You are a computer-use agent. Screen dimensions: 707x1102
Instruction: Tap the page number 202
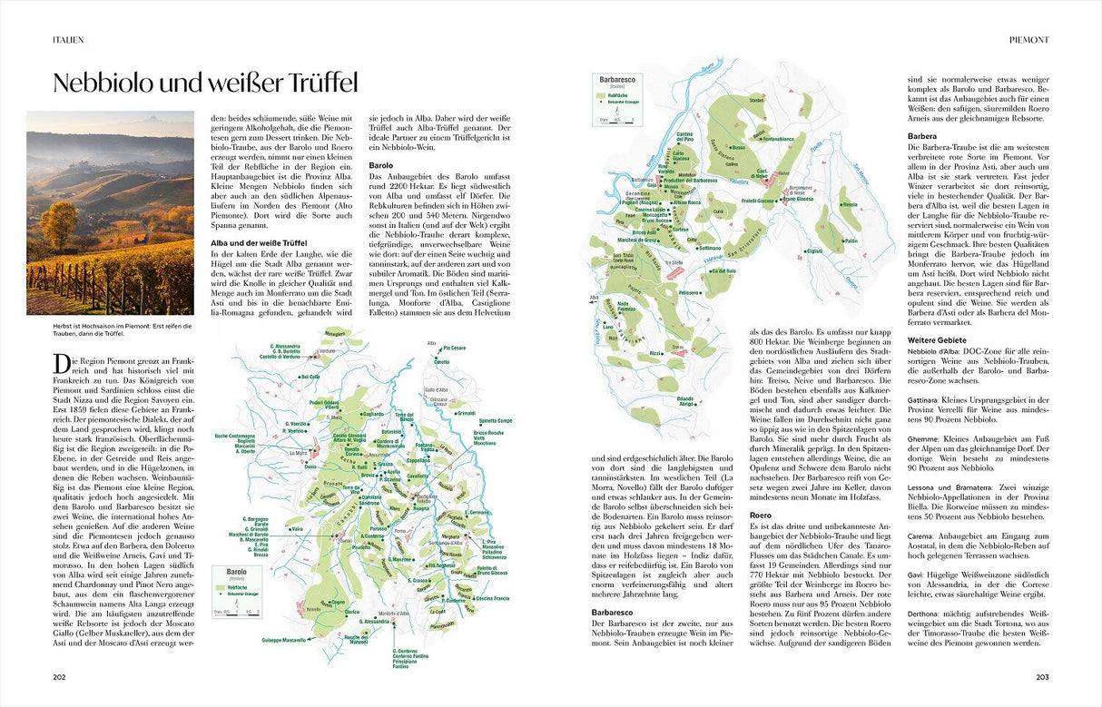tap(59, 676)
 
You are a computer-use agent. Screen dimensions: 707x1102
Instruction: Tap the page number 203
tap(1042, 676)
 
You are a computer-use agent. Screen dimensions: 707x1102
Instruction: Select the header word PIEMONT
tap(1029, 40)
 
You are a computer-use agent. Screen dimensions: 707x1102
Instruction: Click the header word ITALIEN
tap(68, 40)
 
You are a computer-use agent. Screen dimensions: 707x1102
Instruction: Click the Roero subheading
tap(760, 516)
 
